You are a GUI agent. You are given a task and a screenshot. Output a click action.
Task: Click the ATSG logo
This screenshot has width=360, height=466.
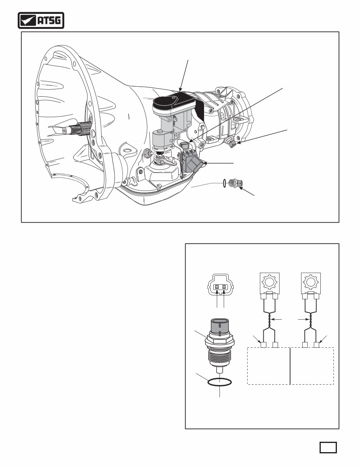point(41,21)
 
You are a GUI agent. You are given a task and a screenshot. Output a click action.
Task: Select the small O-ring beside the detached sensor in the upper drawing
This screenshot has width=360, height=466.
point(224,183)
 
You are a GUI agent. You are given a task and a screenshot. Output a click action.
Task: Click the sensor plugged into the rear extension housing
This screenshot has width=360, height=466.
point(232,143)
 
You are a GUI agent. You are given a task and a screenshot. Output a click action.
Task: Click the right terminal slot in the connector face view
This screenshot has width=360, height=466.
point(224,287)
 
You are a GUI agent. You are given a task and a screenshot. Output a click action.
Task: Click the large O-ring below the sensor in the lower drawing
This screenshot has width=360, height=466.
point(219,382)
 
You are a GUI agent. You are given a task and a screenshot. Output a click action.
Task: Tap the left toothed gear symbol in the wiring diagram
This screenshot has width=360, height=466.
point(269,282)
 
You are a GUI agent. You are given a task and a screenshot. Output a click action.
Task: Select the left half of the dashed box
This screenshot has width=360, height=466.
point(268,366)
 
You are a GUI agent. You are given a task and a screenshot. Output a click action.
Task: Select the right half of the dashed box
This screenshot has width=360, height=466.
point(311,366)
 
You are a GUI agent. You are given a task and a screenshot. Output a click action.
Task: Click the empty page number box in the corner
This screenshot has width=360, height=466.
point(328,447)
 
